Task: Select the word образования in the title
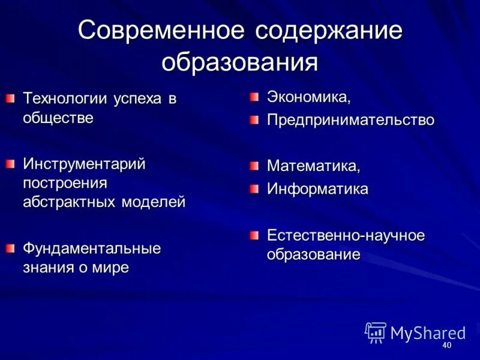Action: tap(240, 62)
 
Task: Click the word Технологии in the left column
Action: tap(65, 99)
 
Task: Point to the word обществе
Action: tap(58, 117)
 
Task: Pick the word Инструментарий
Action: tap(84, 164)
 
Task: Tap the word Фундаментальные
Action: tap(92, 248)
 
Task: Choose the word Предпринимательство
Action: tap(350, 121)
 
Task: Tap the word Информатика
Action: tap(317, 190)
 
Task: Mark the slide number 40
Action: tap(446, 346)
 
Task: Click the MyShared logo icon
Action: tap(375, 332)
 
